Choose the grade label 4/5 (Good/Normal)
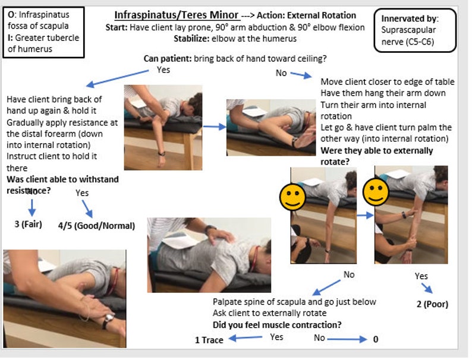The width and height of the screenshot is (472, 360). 96,226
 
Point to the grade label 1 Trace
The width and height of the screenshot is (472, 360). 209,340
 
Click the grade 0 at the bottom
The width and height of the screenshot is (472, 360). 375,339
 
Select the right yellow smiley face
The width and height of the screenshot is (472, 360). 376,192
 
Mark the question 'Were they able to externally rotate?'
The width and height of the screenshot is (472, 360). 377,156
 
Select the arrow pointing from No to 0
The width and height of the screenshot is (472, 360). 347,339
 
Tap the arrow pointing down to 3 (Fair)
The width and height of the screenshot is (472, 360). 32,206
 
